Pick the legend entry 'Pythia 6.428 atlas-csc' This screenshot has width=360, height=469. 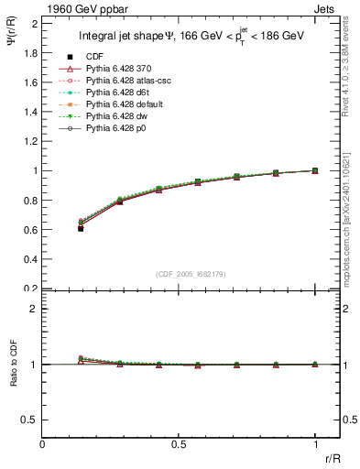[x=129, y=81]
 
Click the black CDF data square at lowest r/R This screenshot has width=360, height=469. [x=81, y=228]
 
